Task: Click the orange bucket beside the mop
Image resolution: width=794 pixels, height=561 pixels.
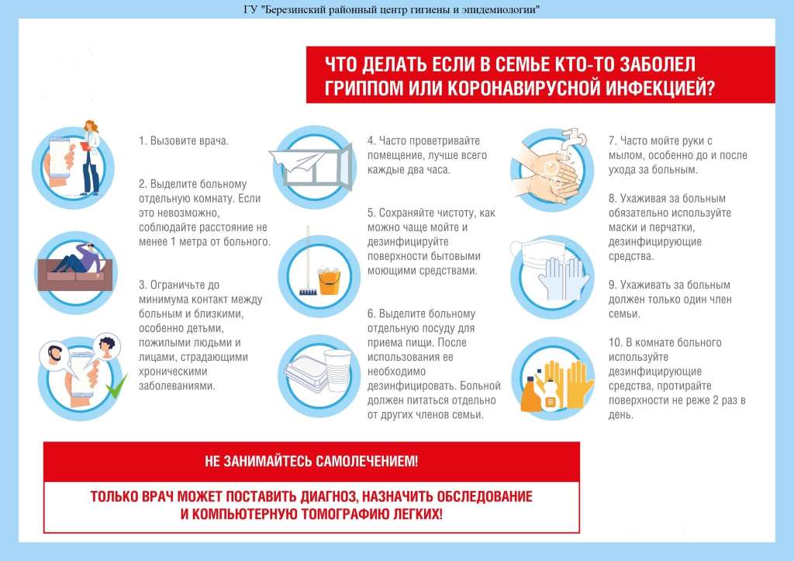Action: coord(329,282)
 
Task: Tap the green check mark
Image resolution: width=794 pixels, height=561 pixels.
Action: coord(116,386)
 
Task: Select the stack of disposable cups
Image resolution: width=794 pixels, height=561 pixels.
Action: coord(337,370)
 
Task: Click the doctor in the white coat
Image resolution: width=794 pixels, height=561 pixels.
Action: coord(91,158)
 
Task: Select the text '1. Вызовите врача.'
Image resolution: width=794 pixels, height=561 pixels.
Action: coord(184,141)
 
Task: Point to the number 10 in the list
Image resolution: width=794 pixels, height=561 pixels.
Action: coord(615,343)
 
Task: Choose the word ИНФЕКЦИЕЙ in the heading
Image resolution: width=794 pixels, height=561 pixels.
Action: coord(659,88)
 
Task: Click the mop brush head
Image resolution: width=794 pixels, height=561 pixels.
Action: coord(307,292)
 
